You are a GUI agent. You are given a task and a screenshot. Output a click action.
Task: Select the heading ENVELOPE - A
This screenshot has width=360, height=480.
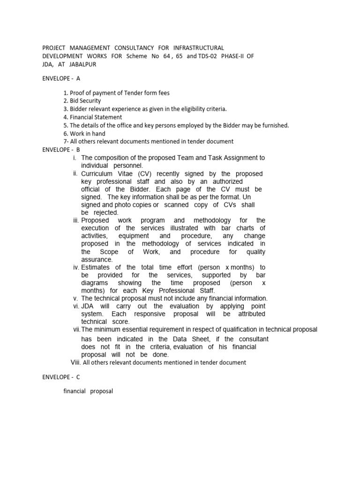tap(61, 79)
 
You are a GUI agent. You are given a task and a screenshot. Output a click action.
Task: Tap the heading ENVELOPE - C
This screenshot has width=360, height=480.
tap(61, 377)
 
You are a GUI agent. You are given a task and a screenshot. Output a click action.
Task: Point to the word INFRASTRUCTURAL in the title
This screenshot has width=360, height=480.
tap(199, 48)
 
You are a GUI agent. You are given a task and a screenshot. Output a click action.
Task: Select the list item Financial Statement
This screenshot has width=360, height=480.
tap(93, 117)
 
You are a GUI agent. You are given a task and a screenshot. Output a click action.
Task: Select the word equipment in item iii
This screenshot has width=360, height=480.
tap(134, 236)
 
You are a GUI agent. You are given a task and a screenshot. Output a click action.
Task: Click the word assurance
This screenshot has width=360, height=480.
tap(97, 260)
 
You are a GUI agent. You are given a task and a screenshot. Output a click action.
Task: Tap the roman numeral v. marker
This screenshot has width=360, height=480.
tap(75, 298)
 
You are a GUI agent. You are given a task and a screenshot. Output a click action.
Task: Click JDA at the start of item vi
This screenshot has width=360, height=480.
tap(88, 306)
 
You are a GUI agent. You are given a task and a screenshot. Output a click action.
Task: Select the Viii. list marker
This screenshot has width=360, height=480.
tap(75, 362)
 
